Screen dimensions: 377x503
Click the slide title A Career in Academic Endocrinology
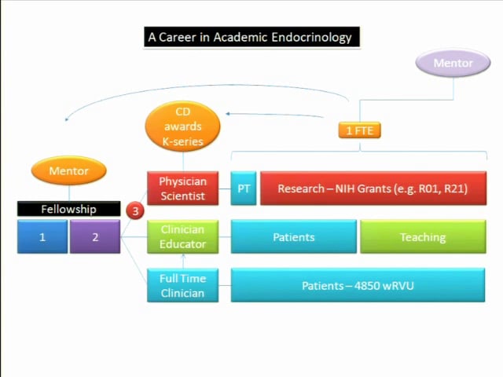(x=251, y=37)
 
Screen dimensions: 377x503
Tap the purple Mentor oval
(x=453, y=63)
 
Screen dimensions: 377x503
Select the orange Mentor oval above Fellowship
(x=69, y=170)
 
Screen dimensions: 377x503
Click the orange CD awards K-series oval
(x=182, y=126)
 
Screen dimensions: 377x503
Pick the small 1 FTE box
(x=359, y=130)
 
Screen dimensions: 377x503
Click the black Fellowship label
(x=69, y=209)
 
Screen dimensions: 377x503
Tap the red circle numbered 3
(x=135, y=210)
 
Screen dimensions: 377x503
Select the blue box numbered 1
(x=42, y=236)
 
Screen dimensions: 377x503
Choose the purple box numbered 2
(x=94, y=236)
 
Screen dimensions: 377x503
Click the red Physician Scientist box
(x=182, y=188)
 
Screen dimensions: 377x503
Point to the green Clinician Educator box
(x=182, y=236)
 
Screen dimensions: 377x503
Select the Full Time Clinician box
(x=182, y=285)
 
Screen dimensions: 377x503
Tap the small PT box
(x=244, y=188)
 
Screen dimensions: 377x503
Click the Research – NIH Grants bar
(x=373, y=188)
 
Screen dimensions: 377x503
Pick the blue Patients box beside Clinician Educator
(x=293, y=236)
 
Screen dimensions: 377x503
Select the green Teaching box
(x=422, y=236)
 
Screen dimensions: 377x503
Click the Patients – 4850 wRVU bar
(x=358, y=285)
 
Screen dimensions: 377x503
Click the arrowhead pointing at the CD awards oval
(x=229, y=115)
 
